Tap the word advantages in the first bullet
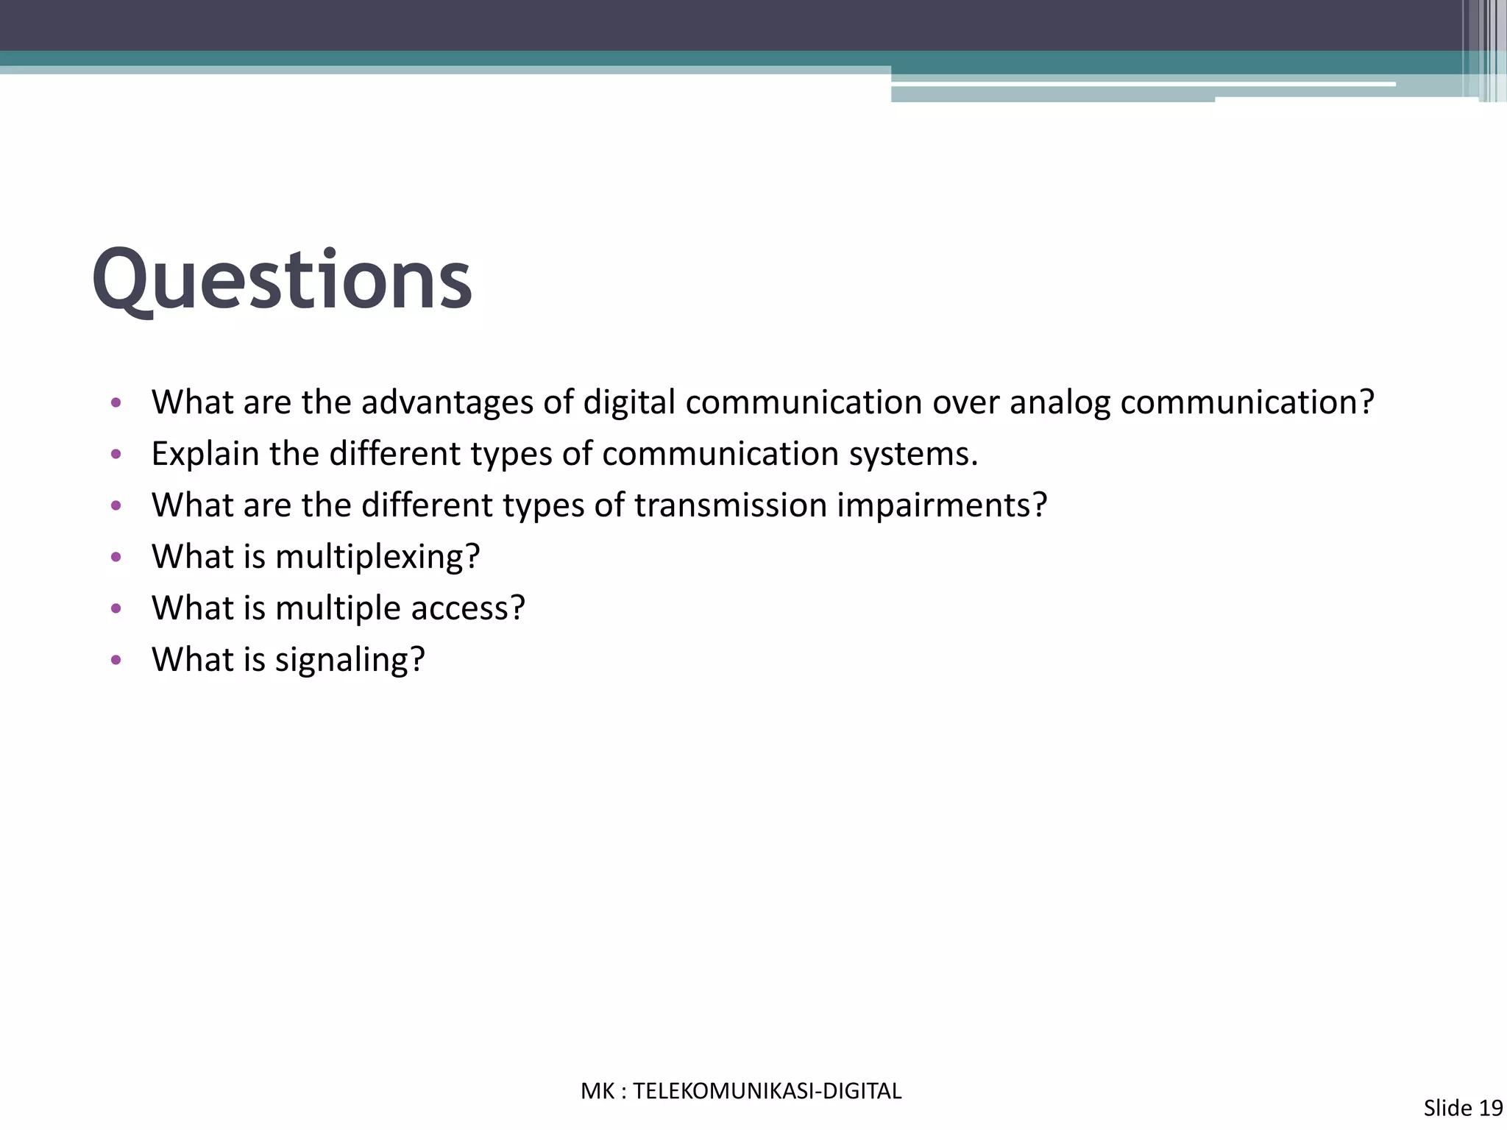(x=447, y=402)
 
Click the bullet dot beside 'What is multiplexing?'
(x=115, y=558)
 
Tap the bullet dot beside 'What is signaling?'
(x=115, y=661)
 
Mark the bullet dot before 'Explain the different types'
(x=115, y=455)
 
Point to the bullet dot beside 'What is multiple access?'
(x=115, y=609)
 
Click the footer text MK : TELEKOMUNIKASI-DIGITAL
(x=741, y=1091)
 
